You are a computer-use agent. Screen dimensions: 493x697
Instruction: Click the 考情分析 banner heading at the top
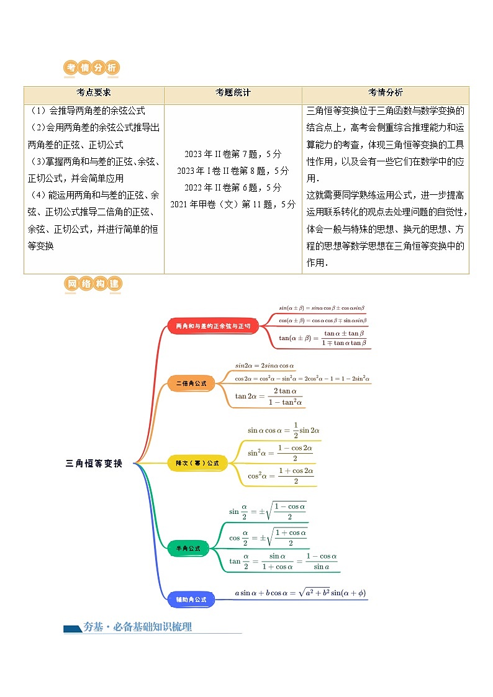pos(92,68)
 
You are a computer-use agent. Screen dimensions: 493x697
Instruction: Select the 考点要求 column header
pos(94,92)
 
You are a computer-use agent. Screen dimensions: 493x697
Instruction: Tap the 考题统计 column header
pos(233,92)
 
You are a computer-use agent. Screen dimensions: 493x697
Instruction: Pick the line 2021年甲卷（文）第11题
pos(233,204)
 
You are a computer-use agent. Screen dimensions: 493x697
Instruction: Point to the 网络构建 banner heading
pos(93,284)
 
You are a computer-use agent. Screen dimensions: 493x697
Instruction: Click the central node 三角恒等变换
pos(94,464)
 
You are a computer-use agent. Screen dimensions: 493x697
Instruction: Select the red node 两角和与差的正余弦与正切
pos(213,326)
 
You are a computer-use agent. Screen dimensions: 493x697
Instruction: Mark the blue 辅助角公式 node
pos(191,600)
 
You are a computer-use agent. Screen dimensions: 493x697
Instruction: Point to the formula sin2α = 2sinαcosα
pos(265,366)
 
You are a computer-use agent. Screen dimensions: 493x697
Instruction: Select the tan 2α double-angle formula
pos(269,397)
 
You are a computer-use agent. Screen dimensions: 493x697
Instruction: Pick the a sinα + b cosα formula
pos(301,593)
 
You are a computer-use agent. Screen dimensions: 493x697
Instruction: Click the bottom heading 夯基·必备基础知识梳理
pos(137,627)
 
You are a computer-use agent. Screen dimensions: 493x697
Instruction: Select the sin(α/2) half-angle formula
pos(268,511)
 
